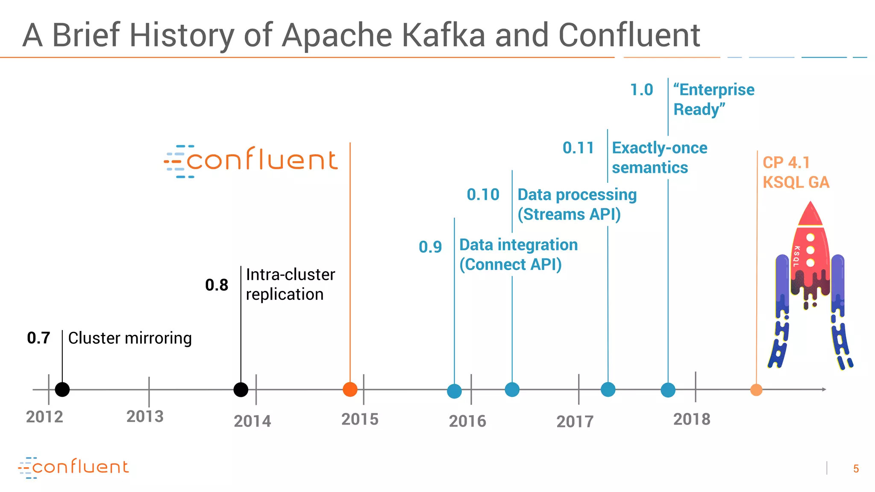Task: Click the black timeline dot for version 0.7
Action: [62, 389]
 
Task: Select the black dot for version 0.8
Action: [241, 389]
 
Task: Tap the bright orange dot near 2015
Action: [350, 389]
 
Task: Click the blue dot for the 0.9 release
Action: [454, 391]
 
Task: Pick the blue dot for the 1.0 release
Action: [668, 390]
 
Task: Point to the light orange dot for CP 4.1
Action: [756, 390]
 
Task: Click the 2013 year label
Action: [145, 416]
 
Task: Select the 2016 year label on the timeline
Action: [467, 422]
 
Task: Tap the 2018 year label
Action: [692, 419]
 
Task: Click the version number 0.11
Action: [578, 148]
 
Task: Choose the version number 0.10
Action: [483, 195]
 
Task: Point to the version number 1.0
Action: [641, 90]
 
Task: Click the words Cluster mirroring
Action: [130, 338]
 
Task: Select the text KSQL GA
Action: [796, 182]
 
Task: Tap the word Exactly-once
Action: [660, 148]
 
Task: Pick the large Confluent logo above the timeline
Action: [251, 161]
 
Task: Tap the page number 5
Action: [856, 469]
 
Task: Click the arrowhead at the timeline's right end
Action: [824, 389]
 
